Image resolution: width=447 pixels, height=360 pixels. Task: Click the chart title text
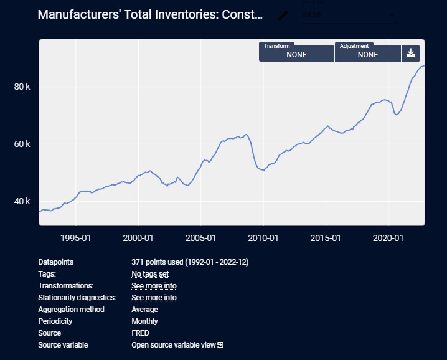[x=150, y=15]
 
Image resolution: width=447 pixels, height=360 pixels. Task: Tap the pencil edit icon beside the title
[x=283, y=15]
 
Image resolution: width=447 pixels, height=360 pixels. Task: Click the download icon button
[x=411, y=53]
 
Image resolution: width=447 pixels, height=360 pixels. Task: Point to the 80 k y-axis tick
[x=22, y=87]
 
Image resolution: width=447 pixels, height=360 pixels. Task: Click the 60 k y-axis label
[x=22, y=144]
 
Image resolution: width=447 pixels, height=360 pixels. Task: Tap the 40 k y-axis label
[x=22, y=202]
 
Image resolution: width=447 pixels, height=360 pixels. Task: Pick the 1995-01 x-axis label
[x=75, y=238]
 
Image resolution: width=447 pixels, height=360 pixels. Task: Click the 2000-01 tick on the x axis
[x=138, y=238]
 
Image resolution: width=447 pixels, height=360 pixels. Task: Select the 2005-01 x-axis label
[x=200, y=238]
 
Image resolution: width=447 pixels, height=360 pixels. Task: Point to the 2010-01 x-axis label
[x=263, y=238]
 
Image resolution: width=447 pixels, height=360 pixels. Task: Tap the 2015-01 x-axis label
[x=326, y=238]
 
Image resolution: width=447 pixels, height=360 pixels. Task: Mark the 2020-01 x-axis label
[x=388, y=238]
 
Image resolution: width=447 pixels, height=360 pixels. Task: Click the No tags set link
[x=150, y=274]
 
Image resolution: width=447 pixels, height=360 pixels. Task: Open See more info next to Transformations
[x=154, y=286]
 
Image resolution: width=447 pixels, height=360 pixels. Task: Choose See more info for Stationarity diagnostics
[x=154, y=298]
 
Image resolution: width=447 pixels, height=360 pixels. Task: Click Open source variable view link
[x=177, y=345]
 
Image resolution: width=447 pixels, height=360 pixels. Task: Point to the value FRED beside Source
[x=140, y=333]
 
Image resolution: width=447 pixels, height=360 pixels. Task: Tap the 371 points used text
[x=190, y=262]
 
